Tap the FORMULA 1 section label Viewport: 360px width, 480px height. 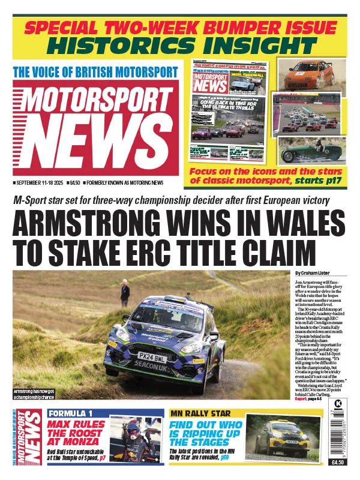(x=71, y=413)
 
